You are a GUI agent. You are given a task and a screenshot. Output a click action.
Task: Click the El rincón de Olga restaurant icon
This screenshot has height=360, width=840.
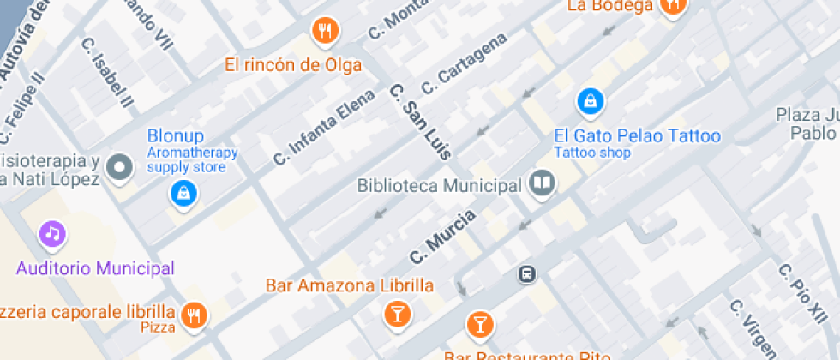pos(325,32)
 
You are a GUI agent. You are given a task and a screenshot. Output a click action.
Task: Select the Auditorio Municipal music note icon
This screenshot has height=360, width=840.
pos(53,232)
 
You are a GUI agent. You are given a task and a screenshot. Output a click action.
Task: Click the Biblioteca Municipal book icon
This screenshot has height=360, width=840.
pos(542,183)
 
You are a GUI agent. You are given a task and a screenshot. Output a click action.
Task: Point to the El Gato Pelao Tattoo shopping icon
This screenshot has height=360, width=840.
pos(591,102)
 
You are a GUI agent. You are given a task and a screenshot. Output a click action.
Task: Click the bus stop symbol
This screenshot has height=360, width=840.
pos(527,274)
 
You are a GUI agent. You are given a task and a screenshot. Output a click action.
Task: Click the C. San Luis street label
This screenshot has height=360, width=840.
pos(420,122)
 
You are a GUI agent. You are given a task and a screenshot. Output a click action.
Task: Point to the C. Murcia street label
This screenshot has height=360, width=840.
pos(442,237)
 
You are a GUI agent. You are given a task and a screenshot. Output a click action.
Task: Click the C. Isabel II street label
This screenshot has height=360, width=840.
pos(108,73)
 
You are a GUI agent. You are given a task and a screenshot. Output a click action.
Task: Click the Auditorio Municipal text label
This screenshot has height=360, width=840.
pos(95,268)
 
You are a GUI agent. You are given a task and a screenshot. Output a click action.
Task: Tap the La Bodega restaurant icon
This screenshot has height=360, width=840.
pos(673,4)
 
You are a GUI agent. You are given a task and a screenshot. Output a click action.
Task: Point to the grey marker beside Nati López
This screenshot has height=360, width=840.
pos(121,167)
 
